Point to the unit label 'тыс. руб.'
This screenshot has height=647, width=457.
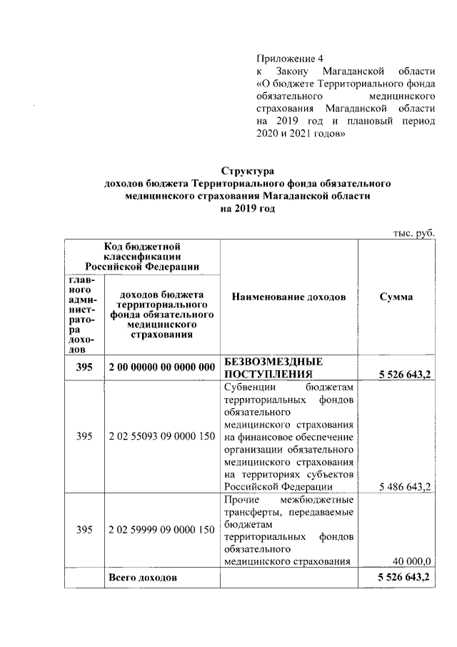(414, 234)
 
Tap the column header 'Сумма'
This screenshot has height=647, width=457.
(396, 297)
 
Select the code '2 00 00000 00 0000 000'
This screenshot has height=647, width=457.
(162, 367)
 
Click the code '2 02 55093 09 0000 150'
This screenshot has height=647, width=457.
(162, 436)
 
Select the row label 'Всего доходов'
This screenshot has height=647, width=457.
(142, 577)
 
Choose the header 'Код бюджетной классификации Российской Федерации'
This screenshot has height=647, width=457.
(142, 257)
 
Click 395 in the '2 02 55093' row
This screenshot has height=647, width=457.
(84, 436)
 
